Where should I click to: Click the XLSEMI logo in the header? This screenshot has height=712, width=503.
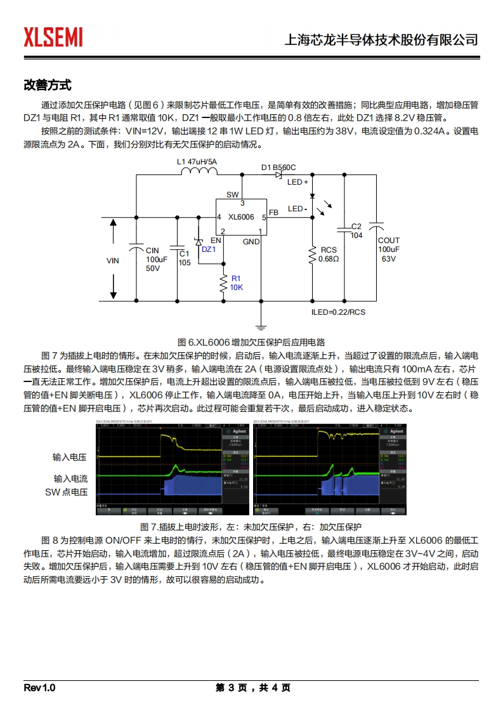coord(53,37)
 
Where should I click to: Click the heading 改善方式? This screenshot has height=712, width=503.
coord(48,85)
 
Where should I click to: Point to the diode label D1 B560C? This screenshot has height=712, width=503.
coord(278,168)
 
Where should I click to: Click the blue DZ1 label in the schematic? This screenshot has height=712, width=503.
coord(209,249)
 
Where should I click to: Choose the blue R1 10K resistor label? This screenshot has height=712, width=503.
coord(236,283)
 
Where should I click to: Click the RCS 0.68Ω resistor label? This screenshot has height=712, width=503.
coord(329,254)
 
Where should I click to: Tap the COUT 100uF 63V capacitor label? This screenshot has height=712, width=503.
coord(388,249)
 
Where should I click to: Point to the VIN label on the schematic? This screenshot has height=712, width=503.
coord(112,261)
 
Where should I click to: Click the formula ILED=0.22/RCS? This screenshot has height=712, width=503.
coord(338,312)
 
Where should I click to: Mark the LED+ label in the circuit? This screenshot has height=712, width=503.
coord(297,182)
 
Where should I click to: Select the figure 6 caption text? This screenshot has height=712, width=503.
coord(251,341)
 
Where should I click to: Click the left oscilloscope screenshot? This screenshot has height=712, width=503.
coord(171,471)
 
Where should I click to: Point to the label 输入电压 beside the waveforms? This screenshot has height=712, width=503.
coord(70,457)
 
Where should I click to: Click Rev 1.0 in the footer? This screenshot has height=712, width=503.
coord(40,688)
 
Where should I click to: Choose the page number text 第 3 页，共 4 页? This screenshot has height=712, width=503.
coord(252,688)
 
